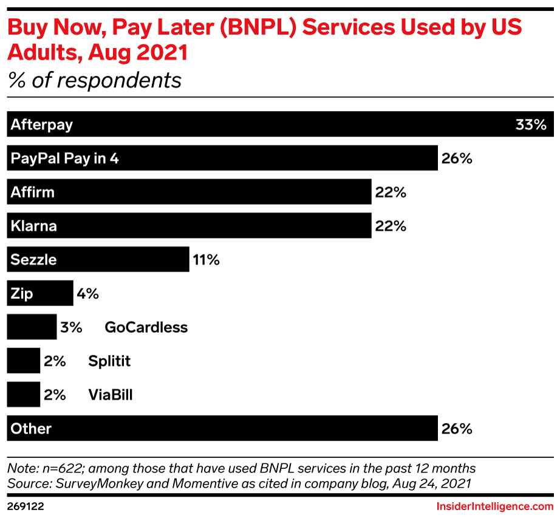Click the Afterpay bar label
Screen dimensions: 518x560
(x=41, y=124)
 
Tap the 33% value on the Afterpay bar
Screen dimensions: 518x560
(x=531, y=125)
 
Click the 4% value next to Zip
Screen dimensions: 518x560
(x=87, y=294)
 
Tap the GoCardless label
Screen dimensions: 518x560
(x=146, y=327)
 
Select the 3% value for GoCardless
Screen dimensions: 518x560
(x=71, y=327)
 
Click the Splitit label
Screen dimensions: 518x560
(x=109, y=361)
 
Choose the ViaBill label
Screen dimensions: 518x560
(x=110, y=395)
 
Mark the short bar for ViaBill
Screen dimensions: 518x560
(x=23, y=395)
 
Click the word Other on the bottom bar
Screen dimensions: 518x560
(x=31, y=429)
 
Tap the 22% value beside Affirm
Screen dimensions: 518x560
(x=390, y=193)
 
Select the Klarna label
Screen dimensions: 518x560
(x=33, y=226)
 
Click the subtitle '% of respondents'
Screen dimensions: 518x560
(x=94, y=80)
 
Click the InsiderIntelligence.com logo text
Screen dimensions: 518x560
(x=495, y=506)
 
